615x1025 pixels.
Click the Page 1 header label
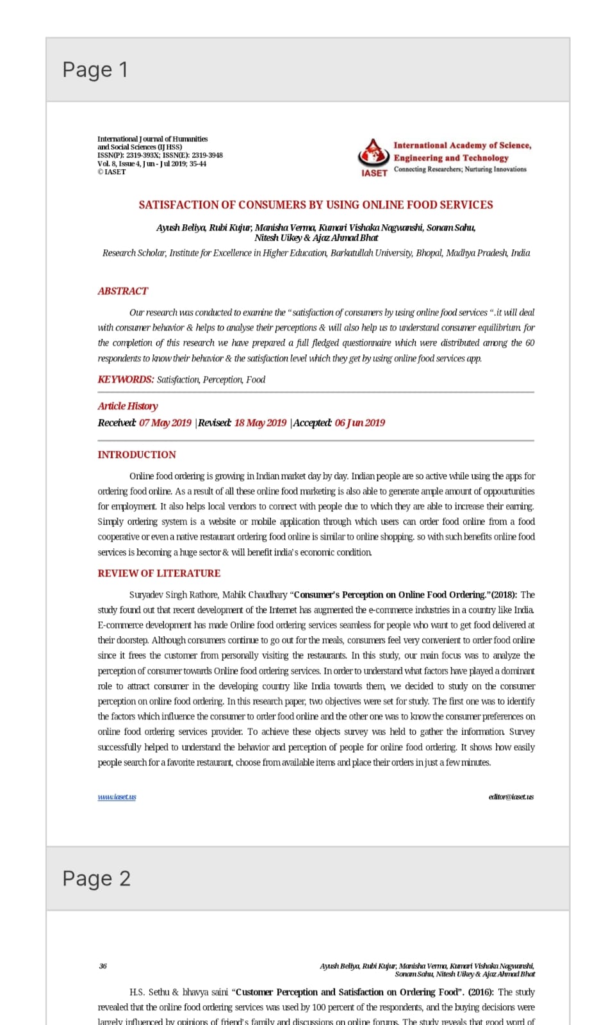coord(95,69)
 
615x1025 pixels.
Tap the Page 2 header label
coord(96,878)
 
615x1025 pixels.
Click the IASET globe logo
coord(373,154)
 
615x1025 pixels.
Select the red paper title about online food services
coord(316,205)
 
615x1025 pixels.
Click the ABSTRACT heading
coord(122,291)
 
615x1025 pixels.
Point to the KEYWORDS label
coord(126,379)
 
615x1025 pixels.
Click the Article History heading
coord(127,406)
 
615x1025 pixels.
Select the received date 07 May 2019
coord(165,423)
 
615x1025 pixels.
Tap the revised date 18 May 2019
coord(260,423)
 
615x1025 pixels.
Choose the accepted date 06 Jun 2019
coord(359,423)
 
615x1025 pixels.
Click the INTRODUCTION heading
coord(136,455)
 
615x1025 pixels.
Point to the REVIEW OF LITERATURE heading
coord(159,573)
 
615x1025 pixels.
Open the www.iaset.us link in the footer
coord(117,797)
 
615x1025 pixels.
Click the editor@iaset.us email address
coord(511,797)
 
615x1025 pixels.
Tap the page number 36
coord(103,966)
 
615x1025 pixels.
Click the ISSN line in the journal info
coord(160,155)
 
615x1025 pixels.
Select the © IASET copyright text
coord(111,172)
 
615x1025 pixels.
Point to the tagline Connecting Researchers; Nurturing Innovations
coord(460,169)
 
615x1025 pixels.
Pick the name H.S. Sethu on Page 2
coord(149,992)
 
